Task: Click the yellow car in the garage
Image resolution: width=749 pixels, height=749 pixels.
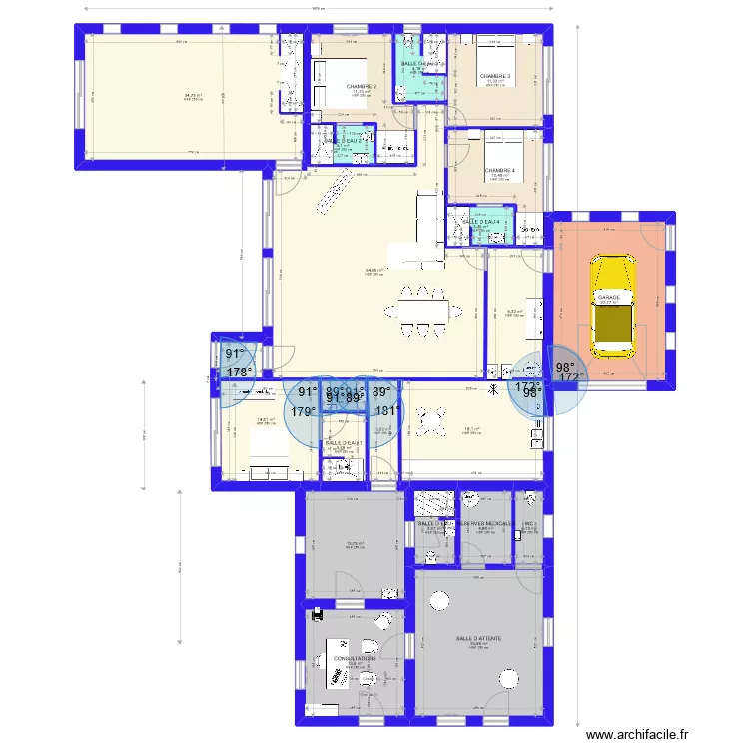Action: [611, 306]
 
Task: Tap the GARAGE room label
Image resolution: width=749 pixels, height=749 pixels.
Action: [609, 297]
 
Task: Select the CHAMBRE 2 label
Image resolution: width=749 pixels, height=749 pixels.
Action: [361, 87]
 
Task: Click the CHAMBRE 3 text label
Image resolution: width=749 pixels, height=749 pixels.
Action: [494, 76]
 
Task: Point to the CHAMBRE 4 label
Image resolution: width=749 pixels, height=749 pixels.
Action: [500, 171]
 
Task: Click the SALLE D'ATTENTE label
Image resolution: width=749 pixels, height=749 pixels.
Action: [478, 639]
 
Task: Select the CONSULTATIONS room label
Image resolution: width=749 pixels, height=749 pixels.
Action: [356, 659]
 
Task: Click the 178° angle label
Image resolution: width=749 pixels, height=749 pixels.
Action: [239, 373]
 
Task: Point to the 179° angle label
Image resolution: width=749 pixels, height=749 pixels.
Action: [304, 410]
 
